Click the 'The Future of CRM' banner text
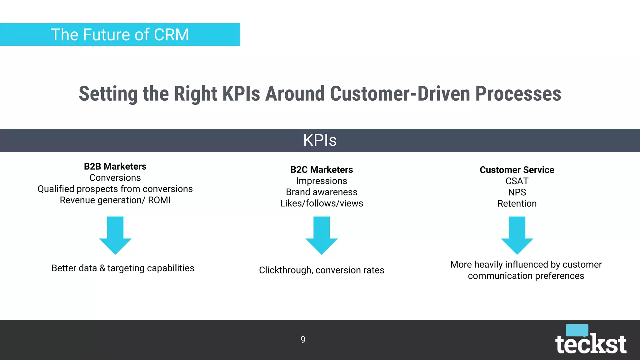[120, 34]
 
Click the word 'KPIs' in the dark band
[320, 140]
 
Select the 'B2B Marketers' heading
[115, 166]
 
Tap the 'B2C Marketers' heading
[322, 169]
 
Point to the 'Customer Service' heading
[517, 170]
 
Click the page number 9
[303, 339]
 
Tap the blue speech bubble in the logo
[577, 330]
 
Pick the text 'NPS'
[517, 192]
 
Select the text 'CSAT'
[517, 181]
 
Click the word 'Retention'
[517, 203]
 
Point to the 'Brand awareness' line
[322, 192]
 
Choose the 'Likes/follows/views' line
[322, 203]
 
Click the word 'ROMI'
[159, 200]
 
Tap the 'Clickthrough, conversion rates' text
[322, 270]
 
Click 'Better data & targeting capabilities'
[123, 268]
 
